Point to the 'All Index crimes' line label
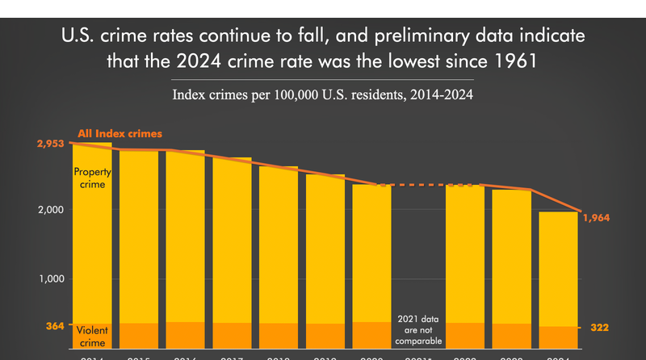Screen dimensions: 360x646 coord(120,133)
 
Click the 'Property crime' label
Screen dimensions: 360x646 coord(92,178)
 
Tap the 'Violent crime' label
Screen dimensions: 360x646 coord(92,334)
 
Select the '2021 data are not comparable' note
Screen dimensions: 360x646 coord(418,329)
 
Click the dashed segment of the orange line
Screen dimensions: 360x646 coord(417,185)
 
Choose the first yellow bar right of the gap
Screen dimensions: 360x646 coord(464,250)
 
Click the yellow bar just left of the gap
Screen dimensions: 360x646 coord(371,250)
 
